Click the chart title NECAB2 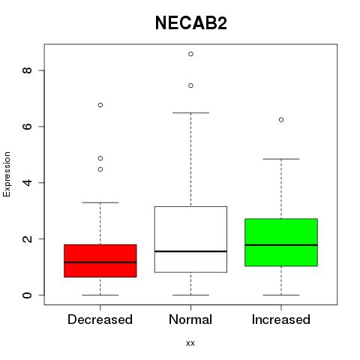point(191,23)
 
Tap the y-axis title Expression point(7,174)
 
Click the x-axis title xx point(190,343)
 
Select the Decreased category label point(100,319)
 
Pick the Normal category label point(190,319)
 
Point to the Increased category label point(281,319)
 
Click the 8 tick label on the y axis point(27,70)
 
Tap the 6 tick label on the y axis point(27,126)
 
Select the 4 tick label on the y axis point(27,182)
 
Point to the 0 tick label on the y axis point(27,295)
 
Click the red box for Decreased point(100,261)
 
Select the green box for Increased point(281,242)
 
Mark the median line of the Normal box point(190,251)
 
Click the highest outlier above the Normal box point(190,54)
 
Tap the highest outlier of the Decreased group point(100,105)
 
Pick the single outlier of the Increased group point(281,120)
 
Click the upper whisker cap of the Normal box point(190,112)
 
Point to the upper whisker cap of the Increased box point(281,159)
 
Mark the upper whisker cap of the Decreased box point(100,202)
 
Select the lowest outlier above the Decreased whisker point(100,169)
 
